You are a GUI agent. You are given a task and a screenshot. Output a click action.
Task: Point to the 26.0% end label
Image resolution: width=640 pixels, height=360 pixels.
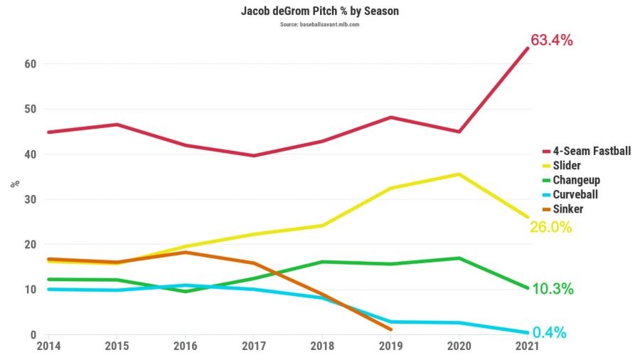click(x=551, y=228)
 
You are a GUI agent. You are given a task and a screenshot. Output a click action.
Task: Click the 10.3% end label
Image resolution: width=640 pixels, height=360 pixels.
click(x=553, y=289)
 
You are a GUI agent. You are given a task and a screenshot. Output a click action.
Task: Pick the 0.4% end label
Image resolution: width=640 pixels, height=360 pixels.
click(x=549, y=332)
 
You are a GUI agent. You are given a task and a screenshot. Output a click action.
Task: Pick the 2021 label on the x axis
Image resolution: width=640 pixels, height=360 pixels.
click(x=527, y=346)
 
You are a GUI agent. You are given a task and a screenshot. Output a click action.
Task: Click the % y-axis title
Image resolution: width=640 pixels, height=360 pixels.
click(x=14, y=184)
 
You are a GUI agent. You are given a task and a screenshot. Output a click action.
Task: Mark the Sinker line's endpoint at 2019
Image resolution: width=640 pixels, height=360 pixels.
click(x=390, y=329)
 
